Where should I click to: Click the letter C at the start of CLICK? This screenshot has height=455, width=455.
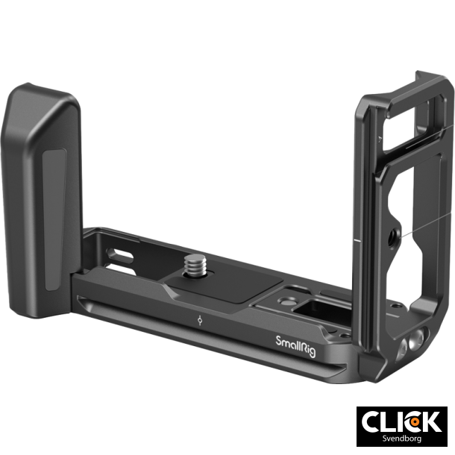(372, 421)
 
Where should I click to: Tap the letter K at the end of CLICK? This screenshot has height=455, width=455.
(430, 421)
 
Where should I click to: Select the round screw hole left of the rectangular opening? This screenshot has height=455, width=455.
(284, 302)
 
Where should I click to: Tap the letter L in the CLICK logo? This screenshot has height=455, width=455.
(390, 421)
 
